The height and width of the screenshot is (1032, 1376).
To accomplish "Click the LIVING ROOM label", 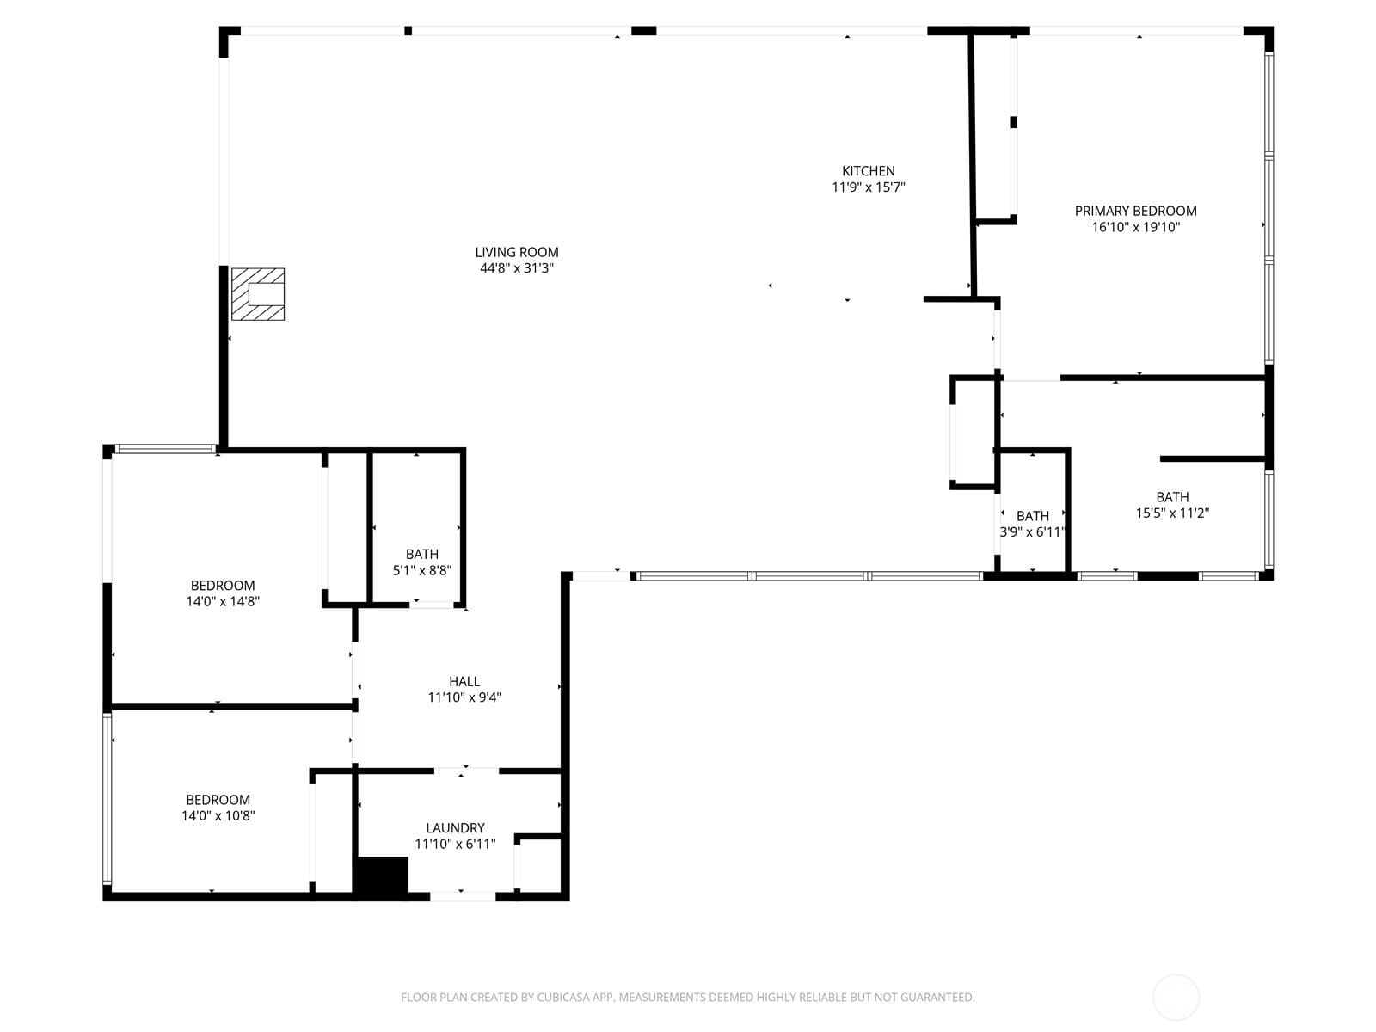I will coord(517,252).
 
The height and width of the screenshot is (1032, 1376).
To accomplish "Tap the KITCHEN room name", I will coord(868,171).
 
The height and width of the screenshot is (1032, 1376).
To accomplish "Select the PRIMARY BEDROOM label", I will coord(1135,211).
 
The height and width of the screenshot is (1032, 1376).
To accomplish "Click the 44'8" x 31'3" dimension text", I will coord(517,268).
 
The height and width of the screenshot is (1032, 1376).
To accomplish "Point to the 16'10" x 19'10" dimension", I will coord(1135,227).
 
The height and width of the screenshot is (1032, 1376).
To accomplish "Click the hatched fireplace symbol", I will coord(258,294).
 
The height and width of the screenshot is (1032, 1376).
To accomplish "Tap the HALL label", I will coord(464,681).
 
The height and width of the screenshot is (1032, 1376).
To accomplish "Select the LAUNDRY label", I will coord(455,828).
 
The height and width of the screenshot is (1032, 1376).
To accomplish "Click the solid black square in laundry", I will coord(381,876).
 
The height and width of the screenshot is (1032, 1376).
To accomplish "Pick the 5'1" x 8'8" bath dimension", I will coord(421,570).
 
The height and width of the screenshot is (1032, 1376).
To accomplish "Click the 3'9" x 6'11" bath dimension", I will coord(1032,532).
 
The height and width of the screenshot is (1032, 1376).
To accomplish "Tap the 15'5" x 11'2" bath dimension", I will coord(1172,513).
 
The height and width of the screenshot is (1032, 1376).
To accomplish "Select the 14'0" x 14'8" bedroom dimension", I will coord(223,602).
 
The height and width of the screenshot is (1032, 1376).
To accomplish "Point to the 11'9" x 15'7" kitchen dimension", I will coord(868,187).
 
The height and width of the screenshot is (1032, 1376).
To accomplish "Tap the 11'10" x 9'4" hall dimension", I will coord(464,697).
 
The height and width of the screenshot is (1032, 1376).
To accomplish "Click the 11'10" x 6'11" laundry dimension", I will coord(455,845).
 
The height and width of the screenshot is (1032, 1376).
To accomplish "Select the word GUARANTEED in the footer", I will coord(937,998).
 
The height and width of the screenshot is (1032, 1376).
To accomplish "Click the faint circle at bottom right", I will coord(1176,998).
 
